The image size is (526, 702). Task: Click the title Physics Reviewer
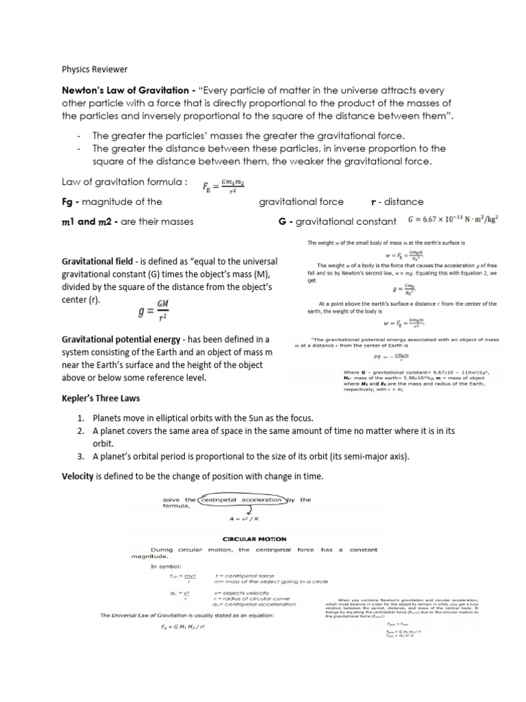(x=95, y=69)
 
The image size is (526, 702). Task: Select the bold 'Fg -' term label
(x=71, y=202)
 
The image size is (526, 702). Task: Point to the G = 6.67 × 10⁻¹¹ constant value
(x=462, y=221)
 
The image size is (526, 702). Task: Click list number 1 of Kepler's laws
(x=80, y=417)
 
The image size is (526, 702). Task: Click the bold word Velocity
(x=77, y=476)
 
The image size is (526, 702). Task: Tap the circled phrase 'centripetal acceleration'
(x=241, y=500)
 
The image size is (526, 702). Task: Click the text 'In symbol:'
(x=166, y=567)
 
